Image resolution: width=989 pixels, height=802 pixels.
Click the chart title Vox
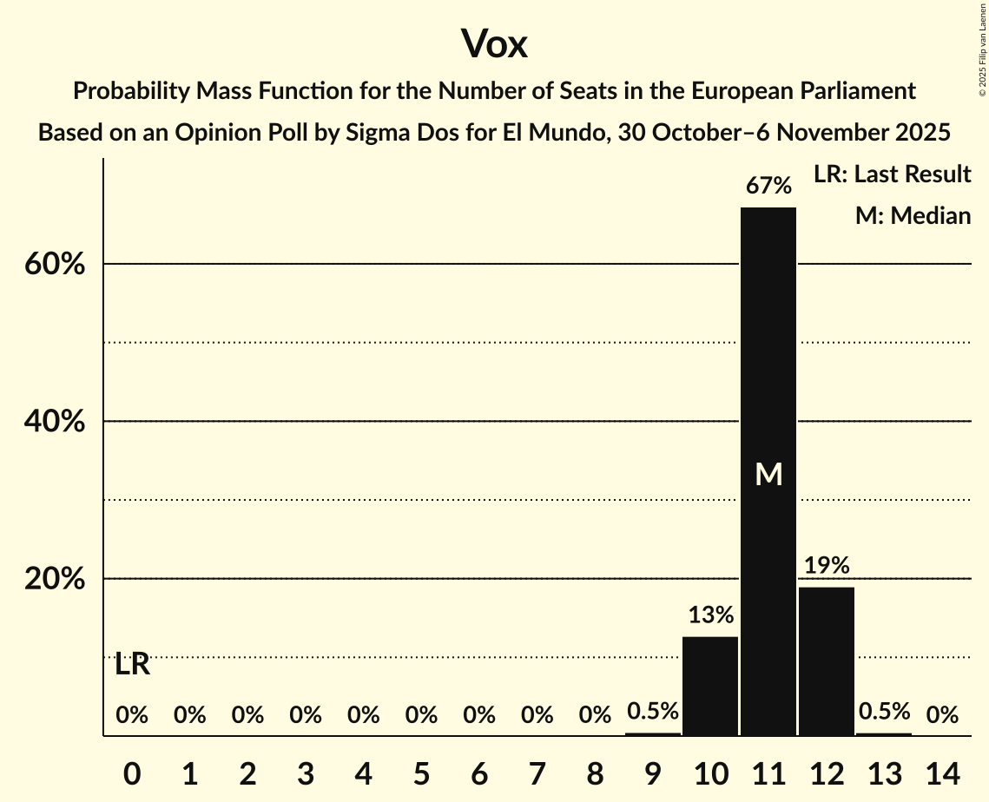pyautogui.click(x=494, y=43)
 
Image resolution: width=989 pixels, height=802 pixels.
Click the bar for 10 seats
pyautogui.click(x=710, y=686)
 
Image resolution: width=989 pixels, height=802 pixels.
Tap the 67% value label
pyautogui.click(x=768, y=186)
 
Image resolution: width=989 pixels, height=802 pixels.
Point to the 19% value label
pyautogui.click(x=827, y=566)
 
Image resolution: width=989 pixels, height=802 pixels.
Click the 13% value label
pyautogui.click(x=711, y=615)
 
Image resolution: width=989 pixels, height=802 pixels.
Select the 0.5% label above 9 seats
pyautogui.click(x=653, y=712)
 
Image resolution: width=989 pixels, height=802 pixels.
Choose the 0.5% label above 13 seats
pyautogui.click(x=885, y=712)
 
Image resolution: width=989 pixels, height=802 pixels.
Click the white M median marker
pyautogui.click(x=768, y=474)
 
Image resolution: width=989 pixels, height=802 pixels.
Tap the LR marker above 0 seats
pyautogui.click(x=132, y=665)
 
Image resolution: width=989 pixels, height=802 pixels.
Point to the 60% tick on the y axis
pyautogui.click(x=55, y=264)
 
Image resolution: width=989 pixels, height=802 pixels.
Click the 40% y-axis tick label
pyautogui.click(x=55, y=422)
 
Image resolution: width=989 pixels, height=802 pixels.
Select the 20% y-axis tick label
pyautogui.click(x=55, y=579)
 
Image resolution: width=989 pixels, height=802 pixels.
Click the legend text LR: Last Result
pyautogui.click(x=892, y=174)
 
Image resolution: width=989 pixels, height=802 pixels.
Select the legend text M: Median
pyautogui.click(x=913, y=215)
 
